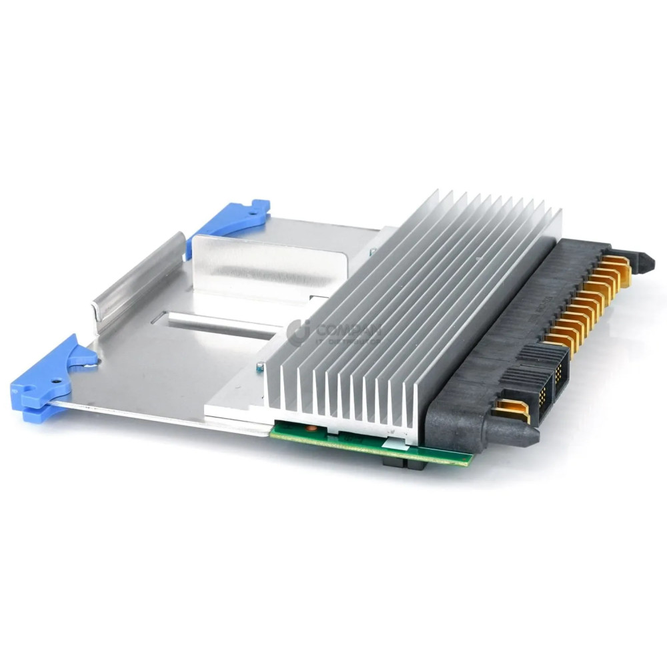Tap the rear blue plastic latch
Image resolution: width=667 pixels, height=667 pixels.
click(x=230, y=220)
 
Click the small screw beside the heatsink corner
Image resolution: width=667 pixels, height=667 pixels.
click(x=259, y=367)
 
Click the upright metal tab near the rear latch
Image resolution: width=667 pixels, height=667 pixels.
click(x=267, y=267)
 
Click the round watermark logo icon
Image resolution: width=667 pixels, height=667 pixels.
click(x=297, y=332)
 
